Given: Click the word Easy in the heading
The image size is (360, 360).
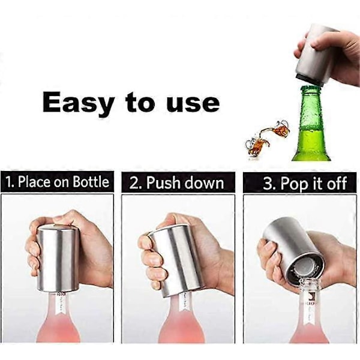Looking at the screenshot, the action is [78, 103].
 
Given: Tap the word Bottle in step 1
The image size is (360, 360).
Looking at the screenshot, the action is [91, 182].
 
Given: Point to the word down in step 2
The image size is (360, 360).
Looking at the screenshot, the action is [204, 184].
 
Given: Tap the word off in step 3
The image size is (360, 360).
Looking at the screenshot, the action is [337, 183].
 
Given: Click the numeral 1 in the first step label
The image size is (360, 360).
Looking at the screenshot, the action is [9, 182].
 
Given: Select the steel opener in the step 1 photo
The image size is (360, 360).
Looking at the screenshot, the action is [58, 258].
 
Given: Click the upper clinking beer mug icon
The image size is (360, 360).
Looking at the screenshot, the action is [280, 128].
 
